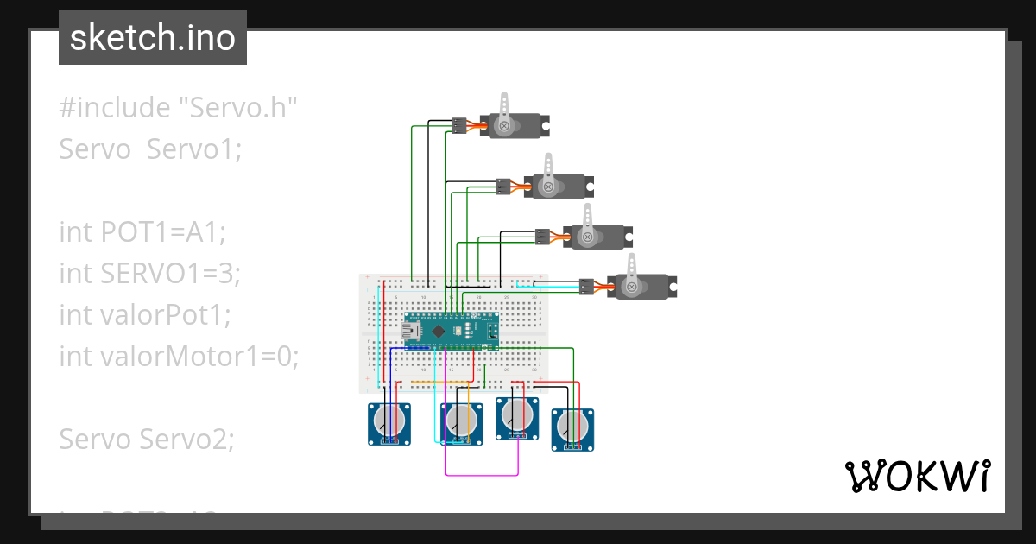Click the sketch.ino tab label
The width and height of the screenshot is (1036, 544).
pyautogui.click(x=152, y=38)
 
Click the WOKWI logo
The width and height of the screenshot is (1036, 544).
pyautogui.click(x=916, y=476)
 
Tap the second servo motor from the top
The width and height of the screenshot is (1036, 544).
pyautogui.click(x=557, y=185)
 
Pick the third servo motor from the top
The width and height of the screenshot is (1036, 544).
pyautogui.click(x=597, y=235)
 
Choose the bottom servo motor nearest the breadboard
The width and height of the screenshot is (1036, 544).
pyautogui.click(x=641, y=285)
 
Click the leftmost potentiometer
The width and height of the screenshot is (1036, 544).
pyautogui.click(x=389, y=422)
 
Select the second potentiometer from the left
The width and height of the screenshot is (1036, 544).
pyautogui.click(x=462, y=422)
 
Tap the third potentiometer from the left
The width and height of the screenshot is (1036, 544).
pyautogui.click(x=516, y=417)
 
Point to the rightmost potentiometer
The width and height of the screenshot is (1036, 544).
pyautogui.click(x=572, y=427)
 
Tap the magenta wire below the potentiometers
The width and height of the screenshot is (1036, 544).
pyautogui.click(x=481, y=474)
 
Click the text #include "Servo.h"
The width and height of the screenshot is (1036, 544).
pyautogui.click(x=179, y=108)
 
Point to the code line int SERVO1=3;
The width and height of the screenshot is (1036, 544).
pyautogui.click(x=149, y=273)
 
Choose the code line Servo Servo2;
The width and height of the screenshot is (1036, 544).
pyautogui.click(x=147, y=439)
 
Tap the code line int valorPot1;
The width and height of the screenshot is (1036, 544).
pyautogui.click(x=145, y=314)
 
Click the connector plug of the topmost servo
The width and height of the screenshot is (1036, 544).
pyautogui.click(x=459, y=125)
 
